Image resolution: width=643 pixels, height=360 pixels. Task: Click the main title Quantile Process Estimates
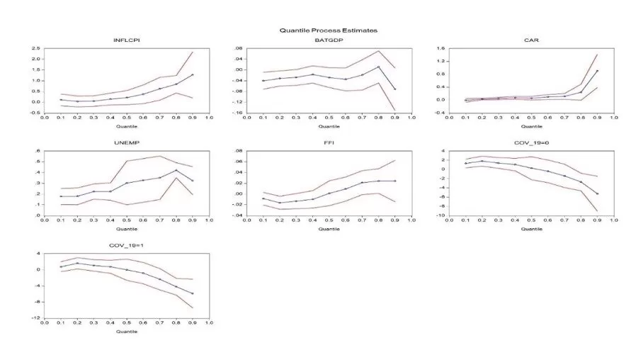tap(329, 30)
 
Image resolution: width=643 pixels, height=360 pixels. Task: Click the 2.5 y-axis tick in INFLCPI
tap(35, 48)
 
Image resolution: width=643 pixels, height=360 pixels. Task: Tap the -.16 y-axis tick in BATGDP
tap(239, 112)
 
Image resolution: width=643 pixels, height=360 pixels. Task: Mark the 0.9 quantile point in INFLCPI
tap(192, 74)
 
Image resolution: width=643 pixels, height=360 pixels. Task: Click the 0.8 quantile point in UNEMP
tap(176, 170)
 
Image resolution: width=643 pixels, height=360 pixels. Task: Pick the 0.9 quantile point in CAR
tap(597, 71)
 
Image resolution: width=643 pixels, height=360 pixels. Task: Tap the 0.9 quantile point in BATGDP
tap(394, 89)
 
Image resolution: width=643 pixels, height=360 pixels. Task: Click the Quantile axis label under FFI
tap(329, 228)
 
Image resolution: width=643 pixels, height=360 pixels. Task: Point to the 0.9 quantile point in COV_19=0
tap(597, 193)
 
